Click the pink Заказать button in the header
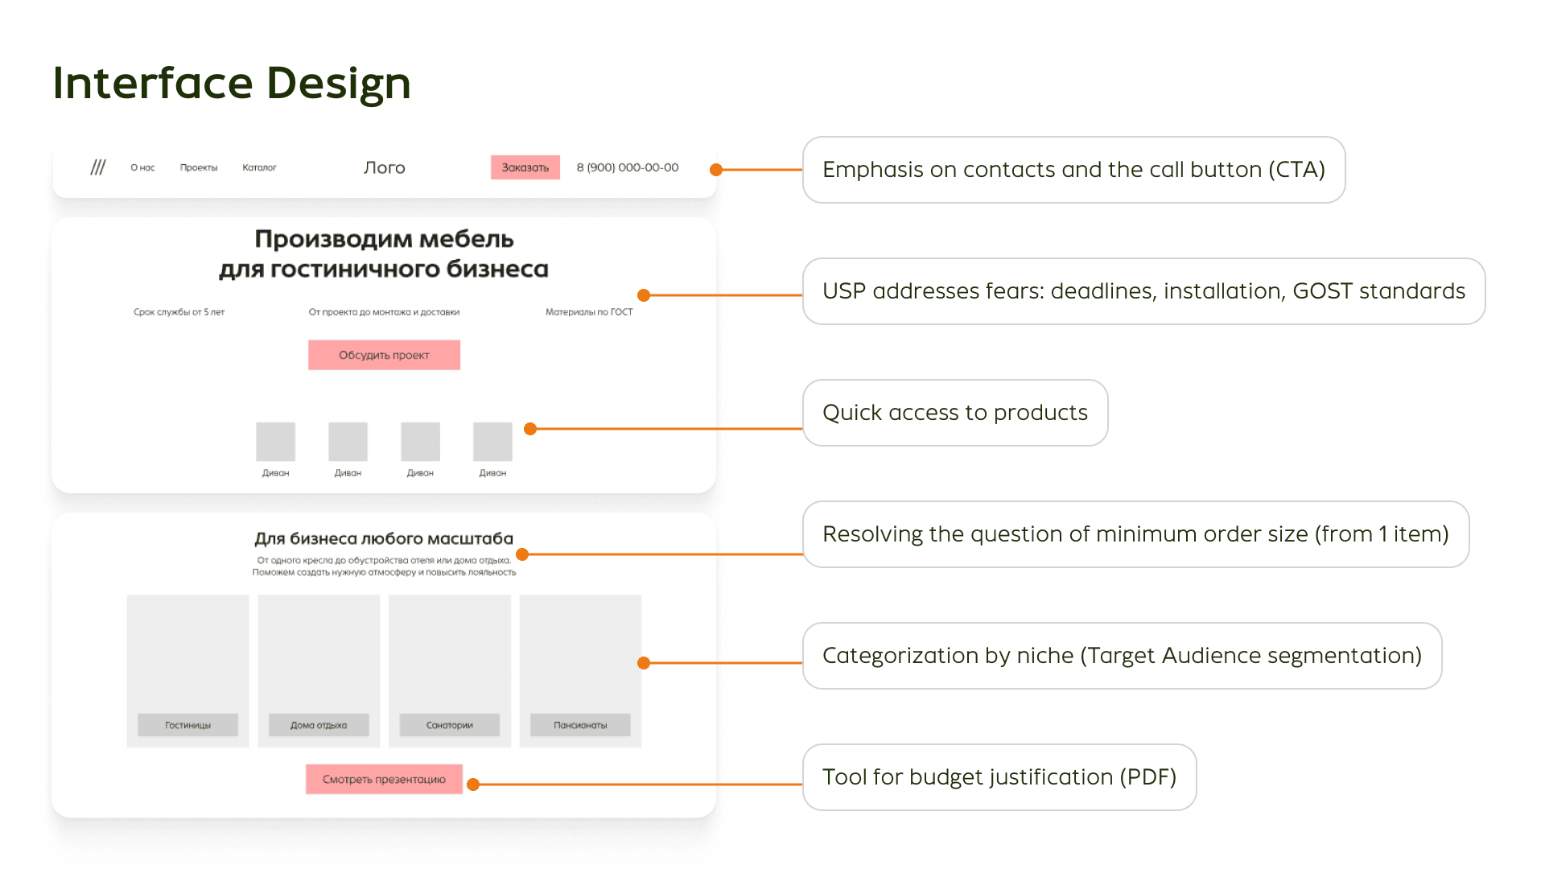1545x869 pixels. (525, 167)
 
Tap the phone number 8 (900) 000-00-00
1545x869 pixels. (627, 167)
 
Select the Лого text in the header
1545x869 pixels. (384, 167)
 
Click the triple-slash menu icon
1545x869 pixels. (98, 167)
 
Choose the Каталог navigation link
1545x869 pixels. (259, 167)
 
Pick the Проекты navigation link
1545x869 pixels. (199, 167)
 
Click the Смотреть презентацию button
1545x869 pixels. (384, 779)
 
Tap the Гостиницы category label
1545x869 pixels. (187, 725)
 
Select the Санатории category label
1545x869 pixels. (449, 725)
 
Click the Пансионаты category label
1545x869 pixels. (580, 725)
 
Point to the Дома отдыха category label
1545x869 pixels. (319, 725)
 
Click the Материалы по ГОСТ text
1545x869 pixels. (589, 312)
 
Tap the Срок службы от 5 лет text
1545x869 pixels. (179, 312)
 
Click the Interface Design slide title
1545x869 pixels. (232, 83)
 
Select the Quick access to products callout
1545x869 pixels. (954, 413)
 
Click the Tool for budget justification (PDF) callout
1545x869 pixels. (999, 777)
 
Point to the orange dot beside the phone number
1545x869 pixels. (716, 170)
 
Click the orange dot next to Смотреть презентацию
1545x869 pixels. (473, 785)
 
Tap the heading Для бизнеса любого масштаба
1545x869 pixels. (384, 538)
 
